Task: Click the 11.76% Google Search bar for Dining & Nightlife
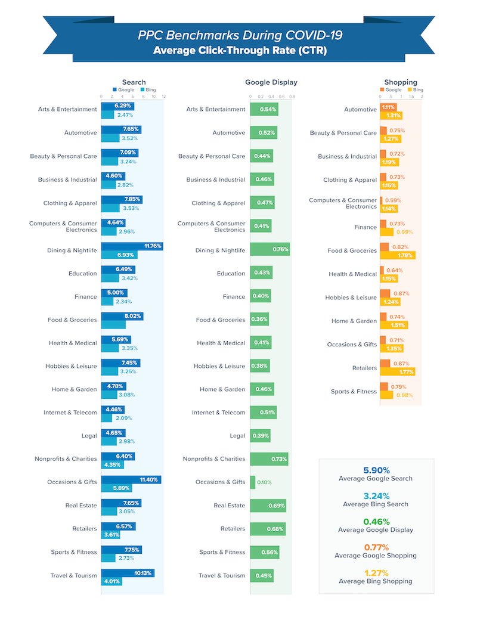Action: (132, 246)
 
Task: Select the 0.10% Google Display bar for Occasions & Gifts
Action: (253, 482)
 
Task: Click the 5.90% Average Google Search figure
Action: (376, 470)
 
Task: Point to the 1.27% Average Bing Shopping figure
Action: (376, 572)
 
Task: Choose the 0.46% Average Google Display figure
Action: (376, 521)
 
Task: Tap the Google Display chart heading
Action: (271, 82)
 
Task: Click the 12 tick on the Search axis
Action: (163, 96)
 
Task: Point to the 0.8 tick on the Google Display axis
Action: (292, 96)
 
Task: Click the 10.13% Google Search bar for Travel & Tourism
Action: (128, 573)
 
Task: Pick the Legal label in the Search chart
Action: (89, 436)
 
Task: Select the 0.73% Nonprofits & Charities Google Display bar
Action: (269, 459)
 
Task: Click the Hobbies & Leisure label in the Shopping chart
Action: (351, 297)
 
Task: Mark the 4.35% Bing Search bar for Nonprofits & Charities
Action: (113, 464)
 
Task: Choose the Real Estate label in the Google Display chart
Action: (229, 506)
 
